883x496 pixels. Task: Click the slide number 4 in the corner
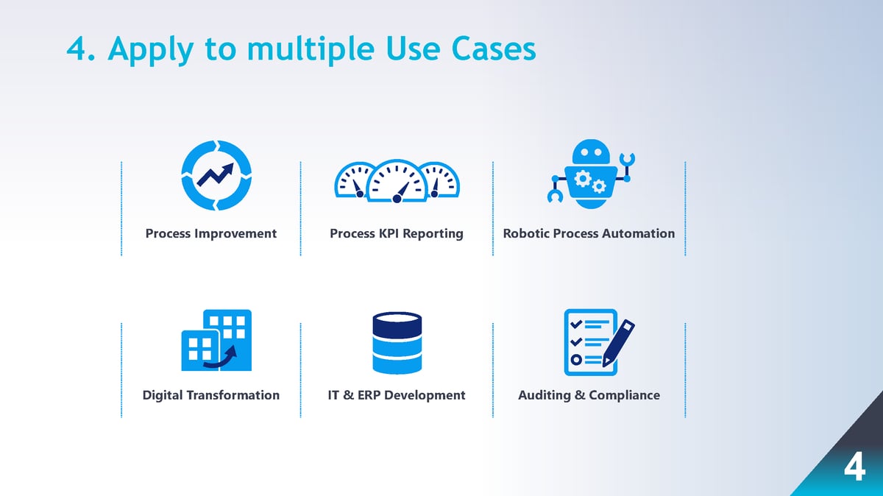pyautogui.click(x=854, y=468)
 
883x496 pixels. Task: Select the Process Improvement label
pyautogui.click(x=211, y=233)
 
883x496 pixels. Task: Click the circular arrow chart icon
pyautogui.click(x=217, y=174)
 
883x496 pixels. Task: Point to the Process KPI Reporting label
pyautogui.click(x=397, y=233)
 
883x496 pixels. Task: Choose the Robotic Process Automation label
pyautogui.click(x=589, y=233)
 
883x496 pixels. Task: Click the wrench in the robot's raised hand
pyautogui.click(x=628, y=160)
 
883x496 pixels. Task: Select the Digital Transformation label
pyautogui.click(x=211, y=395)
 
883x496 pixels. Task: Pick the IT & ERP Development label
pyautogui.click(x=397, y=395)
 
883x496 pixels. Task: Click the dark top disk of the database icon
pyautogui.click(x=397, y=323)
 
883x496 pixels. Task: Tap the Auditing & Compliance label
pyautogui.click(x=589, y=395)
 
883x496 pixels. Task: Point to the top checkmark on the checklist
pyautogui.click(x=576, y=324)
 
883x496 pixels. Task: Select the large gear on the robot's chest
pyautogui.click(x=584, y=178)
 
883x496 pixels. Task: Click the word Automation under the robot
pyautogui.click(x=638, y=233)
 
